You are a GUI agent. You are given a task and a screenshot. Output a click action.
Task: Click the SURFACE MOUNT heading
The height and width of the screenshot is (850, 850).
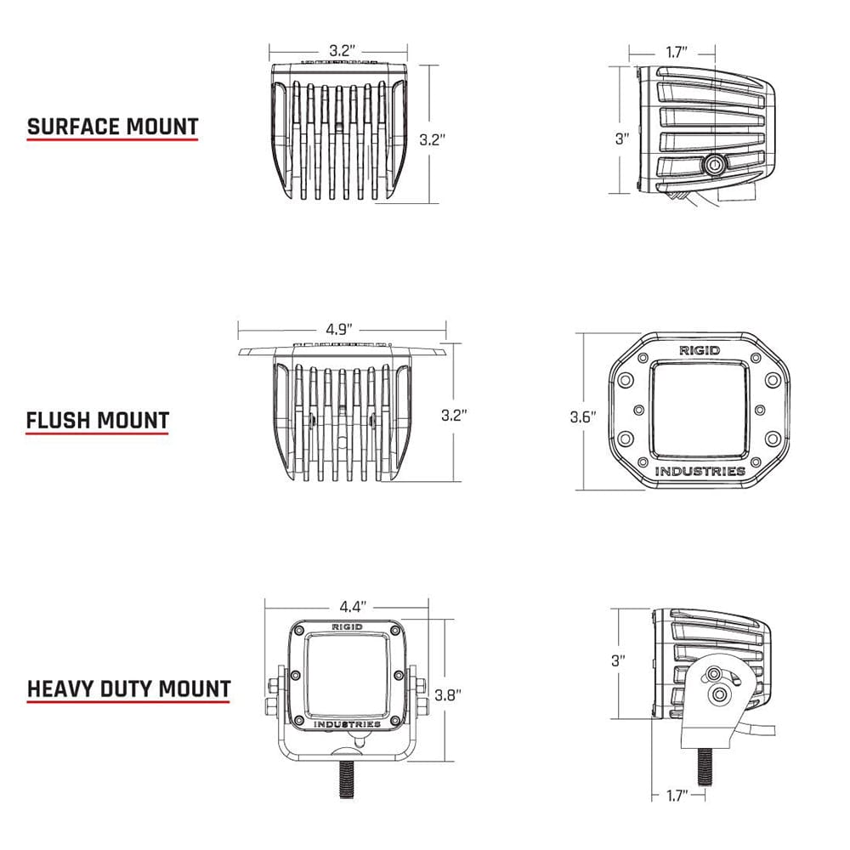112,127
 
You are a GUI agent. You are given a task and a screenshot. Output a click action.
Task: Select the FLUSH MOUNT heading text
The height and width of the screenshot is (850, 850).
97,420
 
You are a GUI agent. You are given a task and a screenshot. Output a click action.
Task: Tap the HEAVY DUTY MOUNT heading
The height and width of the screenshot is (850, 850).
128,688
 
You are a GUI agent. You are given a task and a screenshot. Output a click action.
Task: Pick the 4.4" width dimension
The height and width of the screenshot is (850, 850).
352,606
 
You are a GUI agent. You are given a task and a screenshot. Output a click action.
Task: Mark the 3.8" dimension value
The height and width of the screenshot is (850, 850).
447,694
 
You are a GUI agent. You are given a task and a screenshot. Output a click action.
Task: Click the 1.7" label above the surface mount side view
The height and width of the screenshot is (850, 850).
677,53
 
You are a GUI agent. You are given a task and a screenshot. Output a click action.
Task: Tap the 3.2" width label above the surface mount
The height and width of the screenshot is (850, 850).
341,50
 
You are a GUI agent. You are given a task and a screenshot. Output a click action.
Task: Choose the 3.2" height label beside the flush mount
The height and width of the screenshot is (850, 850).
455,416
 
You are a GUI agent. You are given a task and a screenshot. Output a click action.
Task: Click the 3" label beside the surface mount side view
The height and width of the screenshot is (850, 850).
621,139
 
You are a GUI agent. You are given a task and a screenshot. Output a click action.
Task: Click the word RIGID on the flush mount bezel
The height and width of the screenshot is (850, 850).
699,350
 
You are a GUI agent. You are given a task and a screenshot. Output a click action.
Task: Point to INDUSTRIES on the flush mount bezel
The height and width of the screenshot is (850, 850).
700,471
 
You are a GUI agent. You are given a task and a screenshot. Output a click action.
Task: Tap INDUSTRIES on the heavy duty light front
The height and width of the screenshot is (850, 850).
347,724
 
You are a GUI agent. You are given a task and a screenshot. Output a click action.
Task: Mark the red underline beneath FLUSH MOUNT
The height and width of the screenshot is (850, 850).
97,433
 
